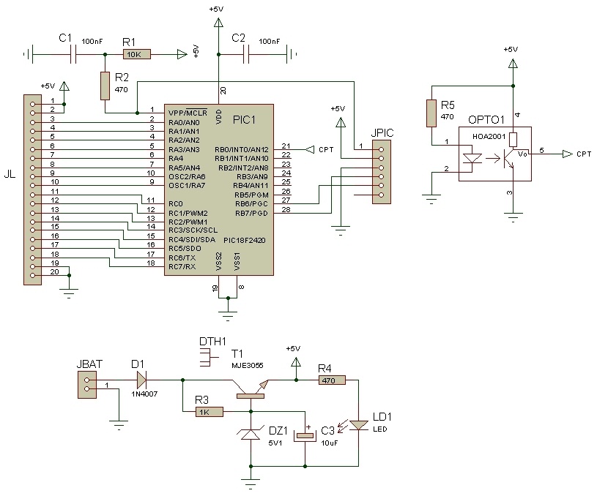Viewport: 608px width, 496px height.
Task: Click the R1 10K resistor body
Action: pos(137,55)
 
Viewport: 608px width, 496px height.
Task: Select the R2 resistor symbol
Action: pos(105,86)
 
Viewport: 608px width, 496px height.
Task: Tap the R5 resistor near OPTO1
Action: pos(431,113)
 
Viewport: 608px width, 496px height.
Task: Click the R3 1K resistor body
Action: pos(210,412)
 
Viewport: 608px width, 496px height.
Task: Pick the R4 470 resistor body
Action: pos(333,380)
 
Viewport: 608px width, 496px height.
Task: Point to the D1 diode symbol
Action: pos(141,380)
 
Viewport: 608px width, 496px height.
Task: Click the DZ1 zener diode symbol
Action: pos(251,435)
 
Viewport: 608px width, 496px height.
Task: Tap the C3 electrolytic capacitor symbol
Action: pos(305,435)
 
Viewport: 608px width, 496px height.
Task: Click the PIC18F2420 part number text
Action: pos(244,240)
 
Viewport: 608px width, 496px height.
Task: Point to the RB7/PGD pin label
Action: pos(251,214)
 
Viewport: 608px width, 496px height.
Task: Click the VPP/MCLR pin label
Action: pos(188,113)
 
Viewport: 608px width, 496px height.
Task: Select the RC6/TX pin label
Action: pos(182,258)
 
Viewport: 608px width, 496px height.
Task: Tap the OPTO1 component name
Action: pos(486,120)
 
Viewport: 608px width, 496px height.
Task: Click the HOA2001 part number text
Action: pos(489,137)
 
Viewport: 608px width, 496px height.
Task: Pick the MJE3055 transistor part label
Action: pos(248,365)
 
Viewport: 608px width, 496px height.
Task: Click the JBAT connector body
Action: pos(87,385)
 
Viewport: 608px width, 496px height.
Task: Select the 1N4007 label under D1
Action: pos(144,394)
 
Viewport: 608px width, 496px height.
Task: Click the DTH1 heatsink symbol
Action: pos(209,357)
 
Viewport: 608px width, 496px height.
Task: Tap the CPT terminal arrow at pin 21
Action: pos(310,149)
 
